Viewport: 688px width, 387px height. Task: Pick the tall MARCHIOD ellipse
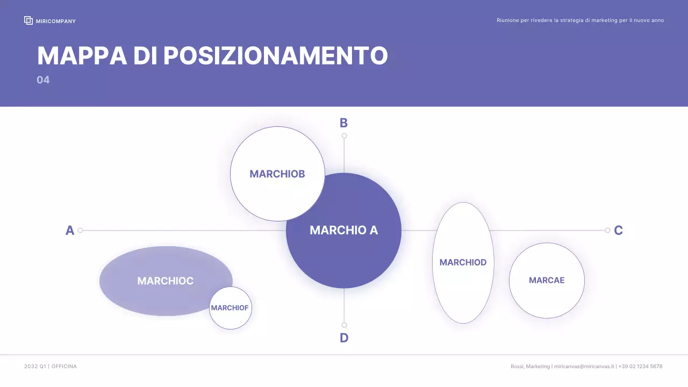tap(463, 262)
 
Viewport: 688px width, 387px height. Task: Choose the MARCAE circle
tap(547, 280)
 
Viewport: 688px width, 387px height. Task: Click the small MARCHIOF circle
tap(230, 308)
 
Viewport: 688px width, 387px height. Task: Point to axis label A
tap(70, 231)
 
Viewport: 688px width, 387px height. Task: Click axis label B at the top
tap(343, 123)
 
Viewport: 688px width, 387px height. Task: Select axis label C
tap(618, 231)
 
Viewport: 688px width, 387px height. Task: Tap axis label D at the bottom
tap(344, 338)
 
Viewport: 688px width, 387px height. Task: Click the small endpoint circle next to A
tap(80, 231)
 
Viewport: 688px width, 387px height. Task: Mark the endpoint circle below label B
tap(344, 135)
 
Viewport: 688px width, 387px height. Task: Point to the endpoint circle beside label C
tap(607, 231)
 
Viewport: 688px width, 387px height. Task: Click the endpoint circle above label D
tap(344, 325)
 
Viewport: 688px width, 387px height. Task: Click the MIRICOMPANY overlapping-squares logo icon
tap(28, 20)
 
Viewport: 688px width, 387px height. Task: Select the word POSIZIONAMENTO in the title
tap(275, 56)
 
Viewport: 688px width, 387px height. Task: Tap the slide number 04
tap(43, 80)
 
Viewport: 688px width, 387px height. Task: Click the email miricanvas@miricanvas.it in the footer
tap(584, 367)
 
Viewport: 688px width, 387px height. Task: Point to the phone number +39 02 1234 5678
tap(640, 367)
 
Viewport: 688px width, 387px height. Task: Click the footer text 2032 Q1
tap(35, 367)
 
